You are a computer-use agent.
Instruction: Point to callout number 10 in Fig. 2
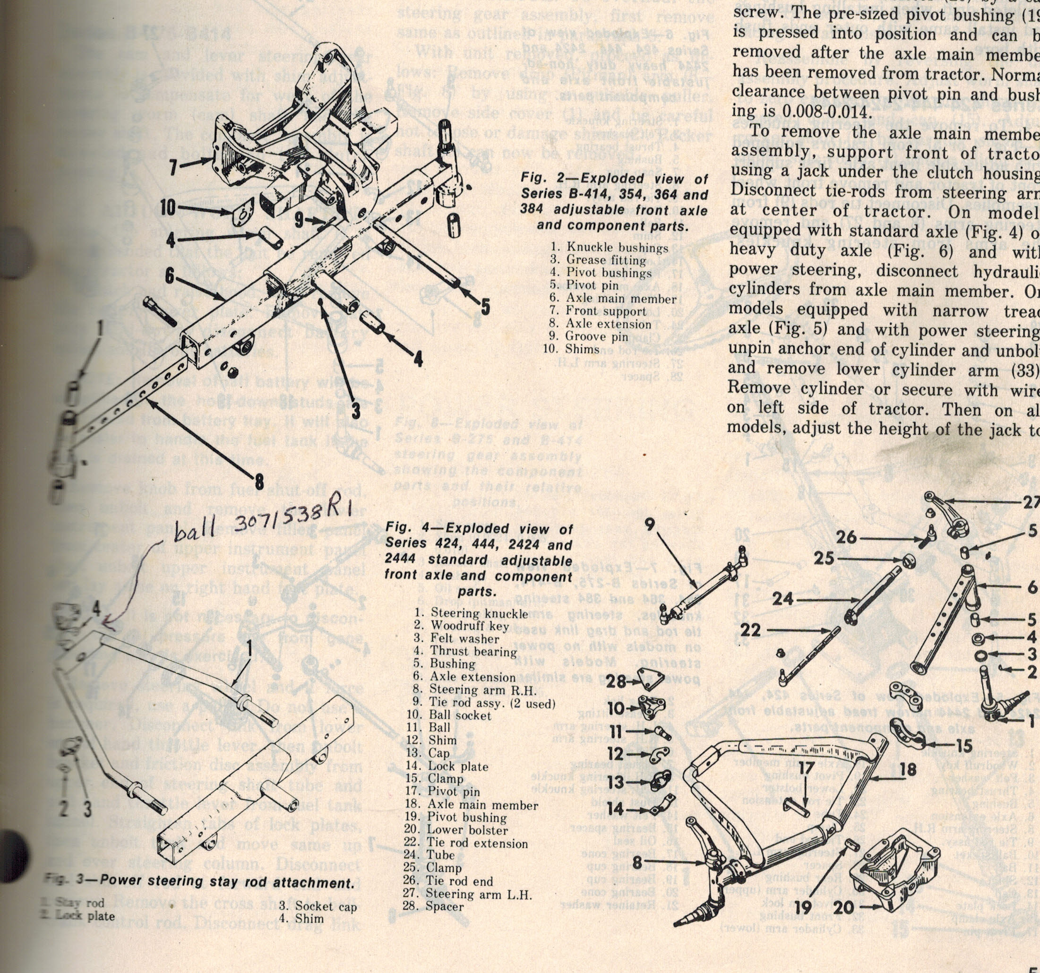(x=168, y=207)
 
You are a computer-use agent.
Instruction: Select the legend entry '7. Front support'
(x=605, y=311)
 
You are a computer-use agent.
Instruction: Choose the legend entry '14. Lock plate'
(x=447, y=766)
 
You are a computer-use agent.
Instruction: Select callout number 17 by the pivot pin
(x=806, y=768)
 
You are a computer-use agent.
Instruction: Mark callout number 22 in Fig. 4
(x=750, y=630)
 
